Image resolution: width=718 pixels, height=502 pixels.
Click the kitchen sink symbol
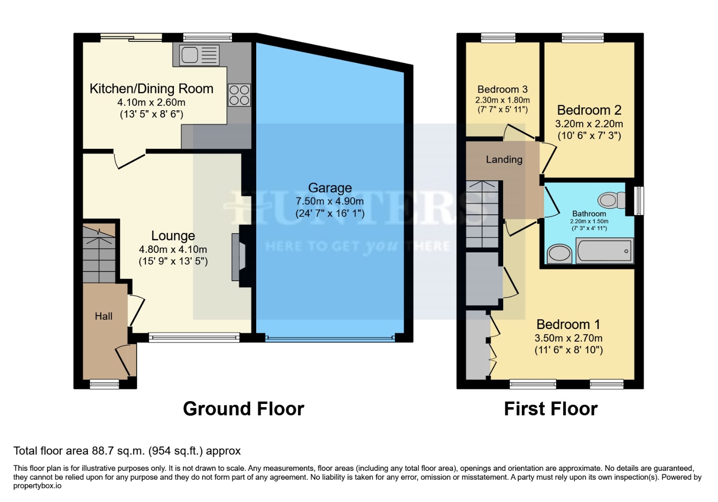[x=199, y=55]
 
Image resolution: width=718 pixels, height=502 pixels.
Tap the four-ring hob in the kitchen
[x=239, y=95]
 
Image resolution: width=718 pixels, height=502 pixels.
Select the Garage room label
[x=330, y=188]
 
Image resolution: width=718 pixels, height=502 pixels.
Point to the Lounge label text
[x=173, y=236]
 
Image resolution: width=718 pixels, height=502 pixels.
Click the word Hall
[x=104, y=316]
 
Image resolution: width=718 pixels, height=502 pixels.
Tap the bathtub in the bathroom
[x=605, y=251]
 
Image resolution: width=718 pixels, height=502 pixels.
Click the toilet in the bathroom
[x=612, y=200]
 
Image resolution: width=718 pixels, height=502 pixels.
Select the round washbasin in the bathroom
[x=559, y=254]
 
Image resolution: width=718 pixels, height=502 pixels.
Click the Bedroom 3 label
[x=502, y=89]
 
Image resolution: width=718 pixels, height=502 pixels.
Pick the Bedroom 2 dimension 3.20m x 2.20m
[x=589, y=124]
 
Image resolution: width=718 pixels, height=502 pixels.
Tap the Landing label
[x=504, y=159]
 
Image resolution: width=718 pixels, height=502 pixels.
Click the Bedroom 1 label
[x=568, y=324]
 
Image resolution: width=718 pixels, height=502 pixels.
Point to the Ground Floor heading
[x=244, y=409]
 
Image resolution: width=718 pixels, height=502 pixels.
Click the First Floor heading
[x=551, y=409]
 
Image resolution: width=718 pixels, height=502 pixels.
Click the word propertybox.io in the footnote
[x=37, y=486]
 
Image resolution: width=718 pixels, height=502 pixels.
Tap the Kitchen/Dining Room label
[x=151, y=89]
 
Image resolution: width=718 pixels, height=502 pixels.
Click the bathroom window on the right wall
[x=639, y=201]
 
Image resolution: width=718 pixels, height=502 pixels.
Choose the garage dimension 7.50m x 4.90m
[x=330, y=202]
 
